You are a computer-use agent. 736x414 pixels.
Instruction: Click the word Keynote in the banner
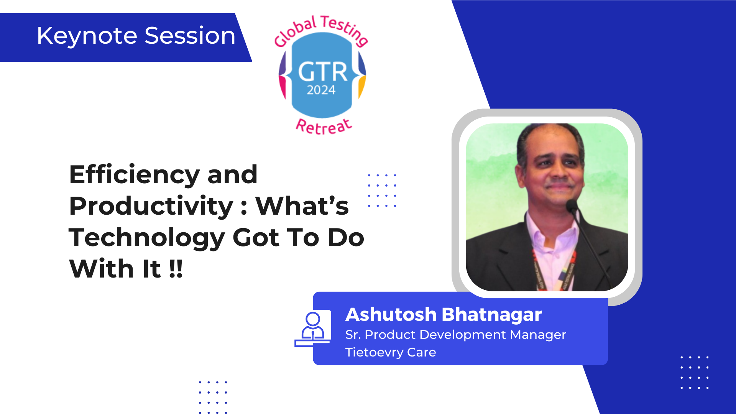click(x=87, y=36)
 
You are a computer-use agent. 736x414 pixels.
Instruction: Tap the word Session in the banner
click(x=190, y=36)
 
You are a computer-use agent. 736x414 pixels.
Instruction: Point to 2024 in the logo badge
click(x=321, y=90)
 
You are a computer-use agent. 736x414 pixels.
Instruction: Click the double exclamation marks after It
click(x=176, y=269)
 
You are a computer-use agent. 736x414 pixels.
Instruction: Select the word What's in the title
click(x=302, y=206)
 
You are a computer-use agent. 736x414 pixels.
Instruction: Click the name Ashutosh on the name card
click(x=391, y=315)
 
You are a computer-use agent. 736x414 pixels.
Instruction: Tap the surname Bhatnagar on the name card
click(x=492, y=315)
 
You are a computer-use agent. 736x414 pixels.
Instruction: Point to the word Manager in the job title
click(x=538, y=335)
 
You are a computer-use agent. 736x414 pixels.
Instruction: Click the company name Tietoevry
click(x=374, y=353)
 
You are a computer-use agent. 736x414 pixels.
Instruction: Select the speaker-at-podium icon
click(x=313, y=329)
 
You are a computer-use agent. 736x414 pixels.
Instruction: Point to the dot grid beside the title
click(x=382, y=191)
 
